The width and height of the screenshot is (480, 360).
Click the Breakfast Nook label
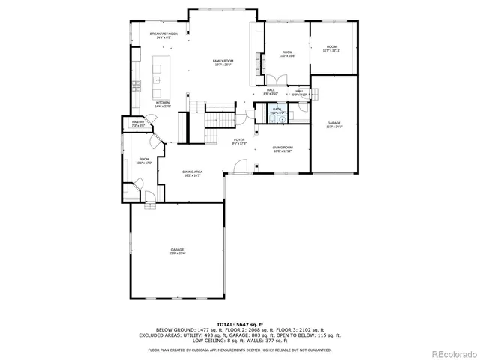[x=163, y=35]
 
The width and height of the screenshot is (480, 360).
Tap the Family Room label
[x=223, y=62]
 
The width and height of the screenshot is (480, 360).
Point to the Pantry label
[x=138, y=123]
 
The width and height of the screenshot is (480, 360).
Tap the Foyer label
[x=239, y=141]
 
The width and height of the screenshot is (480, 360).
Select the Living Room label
[x=282, y=149]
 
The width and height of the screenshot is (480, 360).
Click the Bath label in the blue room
[x=277, y=110]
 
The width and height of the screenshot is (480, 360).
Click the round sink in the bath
[x=283, y=117]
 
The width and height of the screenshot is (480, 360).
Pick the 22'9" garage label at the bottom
[x=177, y=251]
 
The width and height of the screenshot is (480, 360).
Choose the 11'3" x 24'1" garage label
[x=334, y=124]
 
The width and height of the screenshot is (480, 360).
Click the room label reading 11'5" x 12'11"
[x=331, y=49]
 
